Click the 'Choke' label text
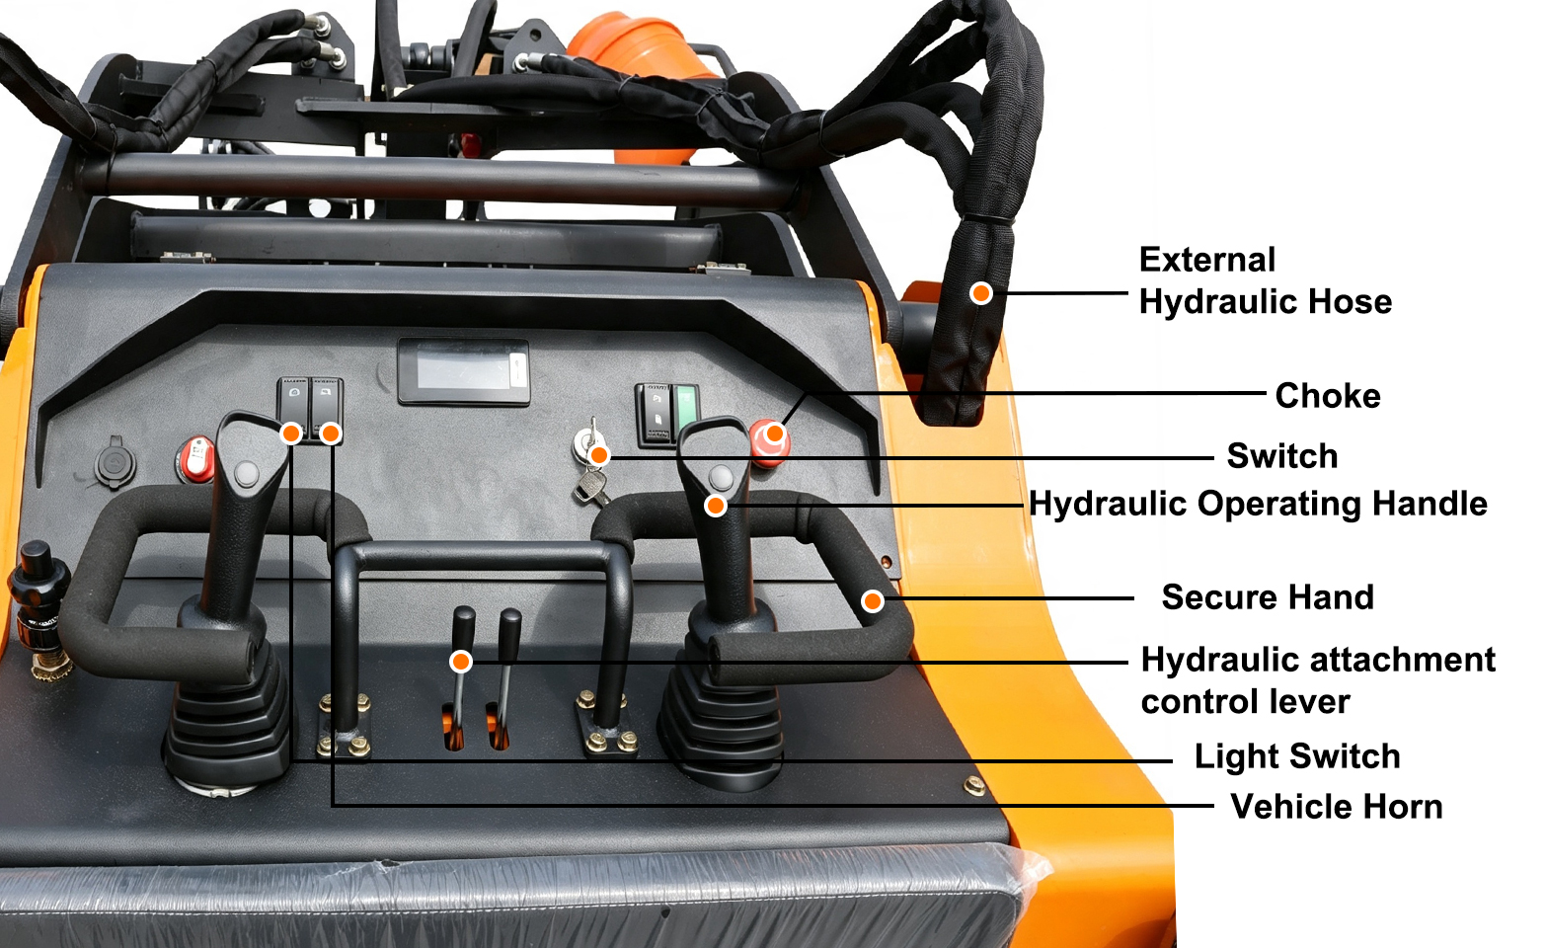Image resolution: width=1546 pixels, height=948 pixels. click(x=1327, y=396)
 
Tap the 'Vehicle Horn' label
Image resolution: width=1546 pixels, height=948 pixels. click(x=1336, y=807)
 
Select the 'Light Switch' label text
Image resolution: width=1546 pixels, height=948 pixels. click(x=1297, y=756)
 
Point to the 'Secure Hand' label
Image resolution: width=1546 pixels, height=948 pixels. click(x=1268, y=597)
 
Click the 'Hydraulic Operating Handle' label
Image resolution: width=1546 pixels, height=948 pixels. click(x=1258, y=504)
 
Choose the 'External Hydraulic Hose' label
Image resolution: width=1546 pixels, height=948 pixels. click(x=1265, y=280)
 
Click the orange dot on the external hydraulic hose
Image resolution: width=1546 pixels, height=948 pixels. click(x=980, y=292)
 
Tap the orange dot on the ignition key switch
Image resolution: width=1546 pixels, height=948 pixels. click(x=599, y=455)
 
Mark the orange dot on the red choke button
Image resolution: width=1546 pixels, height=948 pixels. click(x=775, y=434)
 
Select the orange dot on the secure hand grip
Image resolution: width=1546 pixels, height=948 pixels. click(x=873, y=600)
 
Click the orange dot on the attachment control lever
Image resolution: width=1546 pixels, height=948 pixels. click(x=460, y=662)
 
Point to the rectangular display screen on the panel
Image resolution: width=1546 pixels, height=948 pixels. click(x=464, y=371)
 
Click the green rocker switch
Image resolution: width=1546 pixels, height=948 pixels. click(x=686, y=415)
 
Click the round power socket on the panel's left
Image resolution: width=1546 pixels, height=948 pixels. click(x=114, y=463)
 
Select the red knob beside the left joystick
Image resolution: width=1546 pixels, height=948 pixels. click(x=196, y=460)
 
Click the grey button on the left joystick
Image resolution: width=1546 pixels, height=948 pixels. click(x=247, y=474)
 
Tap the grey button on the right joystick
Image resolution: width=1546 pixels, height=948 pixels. click(x=721, y=477)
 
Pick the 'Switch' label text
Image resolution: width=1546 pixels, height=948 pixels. click(x=1281, y=456)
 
